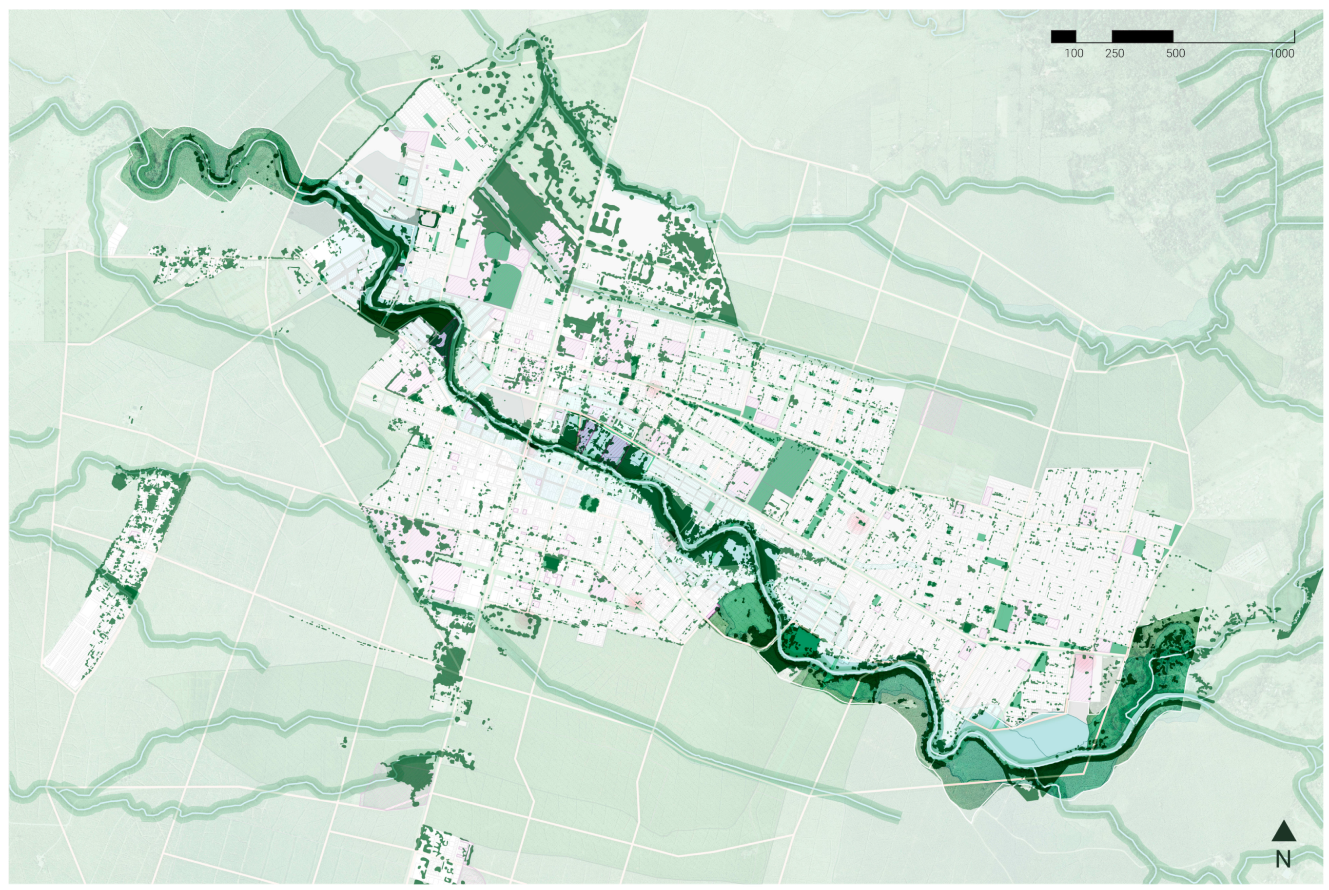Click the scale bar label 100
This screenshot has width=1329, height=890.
coord(1073,53)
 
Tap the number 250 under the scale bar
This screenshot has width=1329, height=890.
coord(1114,53)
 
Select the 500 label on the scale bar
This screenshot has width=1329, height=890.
coord(1175,53)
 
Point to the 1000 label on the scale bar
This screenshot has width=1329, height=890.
coord(1281,53)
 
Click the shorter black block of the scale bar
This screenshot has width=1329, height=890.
coord(1063,36)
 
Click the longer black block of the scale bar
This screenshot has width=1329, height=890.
coord(1142,36)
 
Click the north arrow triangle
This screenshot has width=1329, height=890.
coord(1284,831)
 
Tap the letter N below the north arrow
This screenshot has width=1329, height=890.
coord(1283,859)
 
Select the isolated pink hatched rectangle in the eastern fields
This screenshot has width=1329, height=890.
coord(941,410)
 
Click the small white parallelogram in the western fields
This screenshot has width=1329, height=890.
coord(117,238)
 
